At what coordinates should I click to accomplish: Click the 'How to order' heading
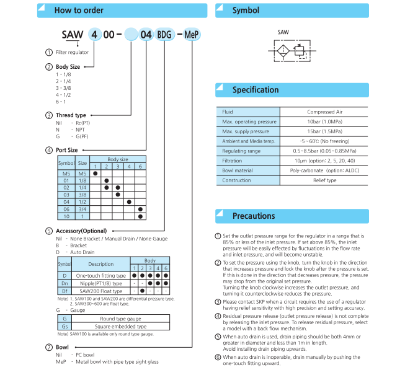[79, 10]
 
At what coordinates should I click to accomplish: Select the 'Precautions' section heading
[253, 216]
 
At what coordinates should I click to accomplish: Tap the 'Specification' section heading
[255, 90]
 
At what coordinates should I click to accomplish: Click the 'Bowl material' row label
[238, 170]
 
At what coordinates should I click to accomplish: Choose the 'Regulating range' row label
[241, 151]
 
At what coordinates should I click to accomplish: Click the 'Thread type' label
[71, 115]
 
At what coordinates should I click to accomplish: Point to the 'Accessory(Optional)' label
[81, 231]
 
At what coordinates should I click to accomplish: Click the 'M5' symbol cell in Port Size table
[66, 173]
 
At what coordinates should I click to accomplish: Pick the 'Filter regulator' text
[72, 52]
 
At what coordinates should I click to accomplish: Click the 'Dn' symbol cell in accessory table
[65, 283]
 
